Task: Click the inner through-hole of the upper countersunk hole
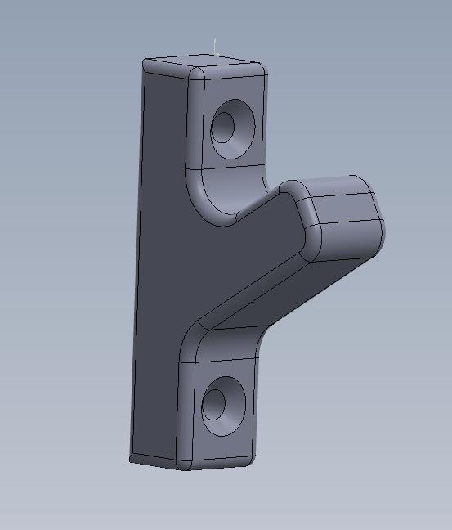(x=222, y=127)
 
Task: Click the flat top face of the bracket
(x=204, y=62)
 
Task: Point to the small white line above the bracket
(x=215, y=45)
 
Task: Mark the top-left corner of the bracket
(x=145, y=62)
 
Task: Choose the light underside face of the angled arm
(x=270, y=299)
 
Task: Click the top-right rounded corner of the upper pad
(x=260, y=69)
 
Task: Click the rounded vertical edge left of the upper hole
(x=196, y=123)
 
